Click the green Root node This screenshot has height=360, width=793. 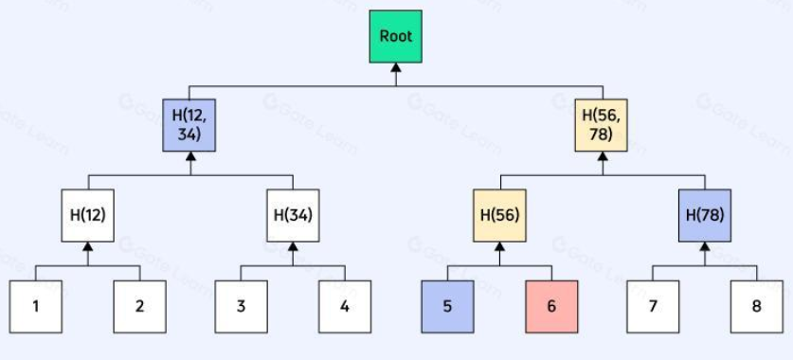(x=395, y=36)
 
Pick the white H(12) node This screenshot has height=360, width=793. (x=87, y=215)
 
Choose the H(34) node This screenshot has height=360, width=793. (x=293, y=215)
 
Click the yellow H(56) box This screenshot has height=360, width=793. (x=499, y=215)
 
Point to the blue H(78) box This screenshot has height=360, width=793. (x=705, y=215)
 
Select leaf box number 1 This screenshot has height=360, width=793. (x=36, y=306)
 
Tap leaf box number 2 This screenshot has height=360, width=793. (x=139, y=306)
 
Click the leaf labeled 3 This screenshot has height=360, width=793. (x=242, y=306)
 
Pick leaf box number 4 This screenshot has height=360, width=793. (x=345, y=306)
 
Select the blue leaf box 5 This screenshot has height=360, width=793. (x=447, y=306)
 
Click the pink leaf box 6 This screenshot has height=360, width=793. (x=551, y=306)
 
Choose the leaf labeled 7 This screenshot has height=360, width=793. (x=653, y=306)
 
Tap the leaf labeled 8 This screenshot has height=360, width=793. (x=757, y=306)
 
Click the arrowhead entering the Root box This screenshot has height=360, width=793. (x=396, y=68)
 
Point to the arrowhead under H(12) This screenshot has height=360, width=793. (x=88, y=246)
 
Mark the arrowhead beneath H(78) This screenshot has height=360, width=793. (x=705, y=246)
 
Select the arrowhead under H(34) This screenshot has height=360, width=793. (x=293, y=246)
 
